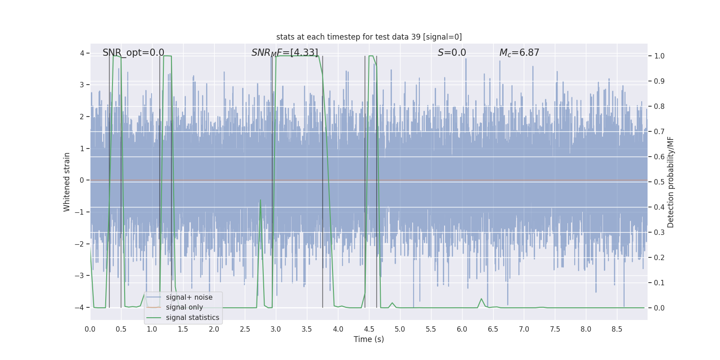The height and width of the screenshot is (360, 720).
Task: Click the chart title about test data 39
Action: (369, 37)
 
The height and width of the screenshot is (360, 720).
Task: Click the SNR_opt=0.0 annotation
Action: (133, 53)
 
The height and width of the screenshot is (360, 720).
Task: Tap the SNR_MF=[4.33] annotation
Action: (284, 53)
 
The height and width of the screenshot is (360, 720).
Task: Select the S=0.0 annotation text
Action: (452, 53)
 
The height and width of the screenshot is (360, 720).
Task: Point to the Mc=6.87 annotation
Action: (519, 53)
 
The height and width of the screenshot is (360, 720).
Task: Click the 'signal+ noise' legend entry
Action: (189, 297)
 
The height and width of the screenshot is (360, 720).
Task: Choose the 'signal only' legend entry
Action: (184, 307)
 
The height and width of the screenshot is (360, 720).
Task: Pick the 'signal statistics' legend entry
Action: (192, 318)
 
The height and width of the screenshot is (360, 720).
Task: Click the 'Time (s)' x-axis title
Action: (369, 339)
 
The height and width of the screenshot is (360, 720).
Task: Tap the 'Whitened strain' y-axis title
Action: (67, 182)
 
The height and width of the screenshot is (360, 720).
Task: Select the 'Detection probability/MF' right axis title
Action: (670, 182)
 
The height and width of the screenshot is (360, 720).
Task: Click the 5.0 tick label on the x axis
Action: (400, 329)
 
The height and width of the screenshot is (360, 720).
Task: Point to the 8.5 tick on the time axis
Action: (616, 329)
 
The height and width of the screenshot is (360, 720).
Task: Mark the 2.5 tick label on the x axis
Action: (245, 329)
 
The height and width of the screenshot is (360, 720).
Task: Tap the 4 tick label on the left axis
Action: (82, 54)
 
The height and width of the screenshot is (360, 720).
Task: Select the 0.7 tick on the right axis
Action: (659, 132)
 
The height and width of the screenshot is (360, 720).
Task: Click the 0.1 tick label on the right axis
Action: (659, 283)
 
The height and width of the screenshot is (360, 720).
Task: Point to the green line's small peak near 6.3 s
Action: (481, 299)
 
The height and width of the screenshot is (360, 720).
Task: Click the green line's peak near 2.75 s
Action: (261, 200)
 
